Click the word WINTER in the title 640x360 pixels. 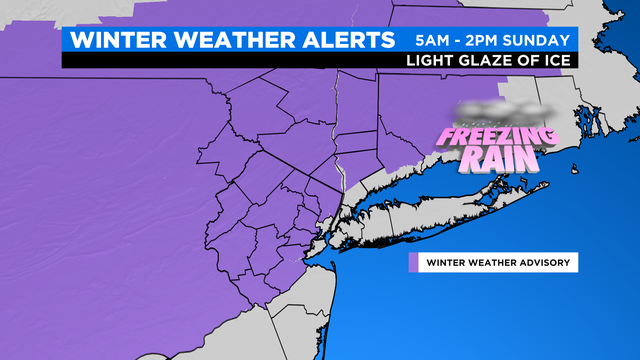(x=118, y=41)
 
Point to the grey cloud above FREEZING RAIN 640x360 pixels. (x=500, y=108)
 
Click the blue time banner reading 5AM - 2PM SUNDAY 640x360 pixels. (x=493, y=41)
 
